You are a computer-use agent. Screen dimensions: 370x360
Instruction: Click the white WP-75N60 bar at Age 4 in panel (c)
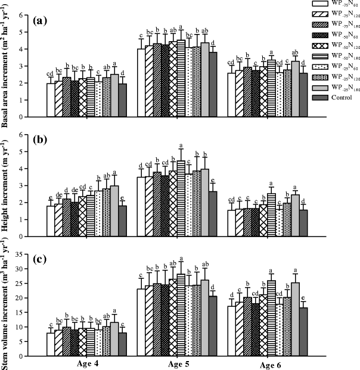coord(51,344)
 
